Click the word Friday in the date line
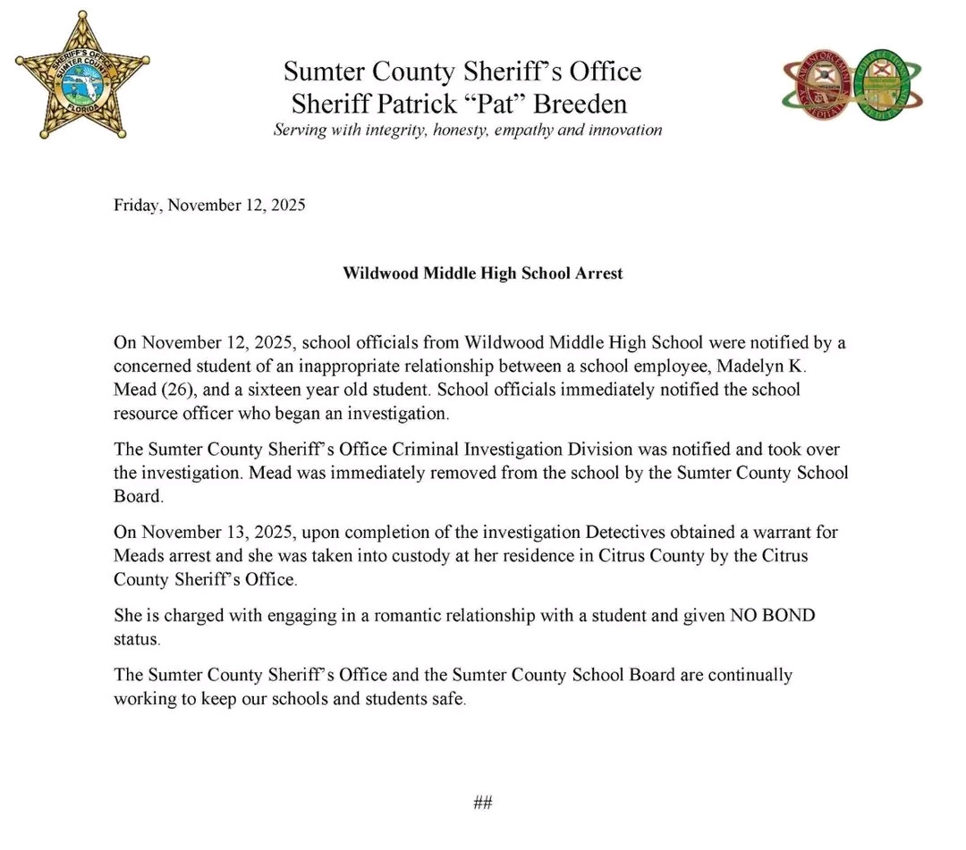click(x=136, y=206)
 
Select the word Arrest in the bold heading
click(x=598, y=273)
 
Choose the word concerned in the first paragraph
click(x=154, y=366)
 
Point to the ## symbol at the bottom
click(x=483, y=803)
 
